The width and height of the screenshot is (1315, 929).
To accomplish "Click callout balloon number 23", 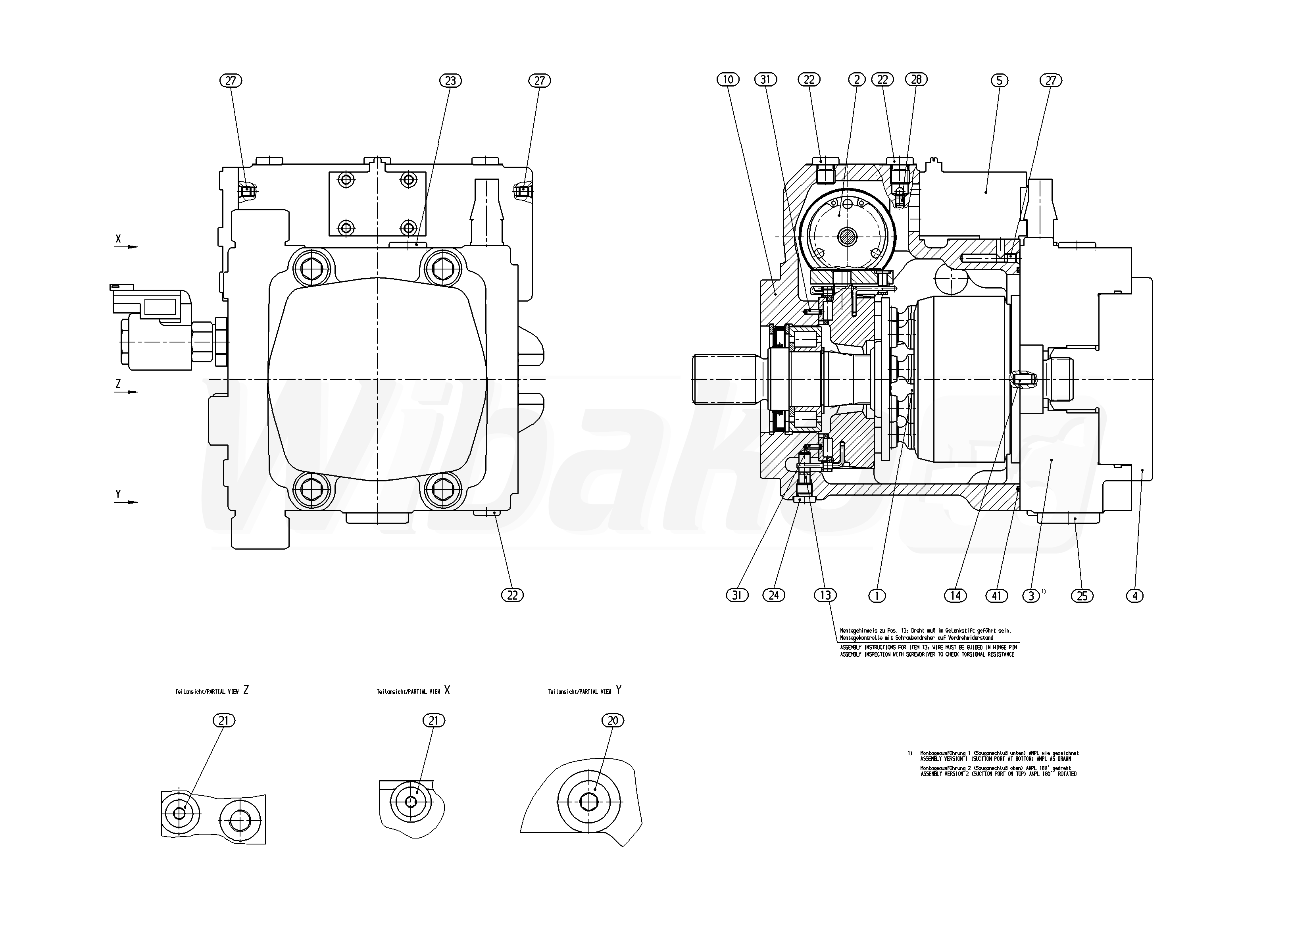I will click(x=450, y=81).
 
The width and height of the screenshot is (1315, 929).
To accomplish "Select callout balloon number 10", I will click(x=728, y=80).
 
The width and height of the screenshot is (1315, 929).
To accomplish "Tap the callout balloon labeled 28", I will click(x=916, y=80).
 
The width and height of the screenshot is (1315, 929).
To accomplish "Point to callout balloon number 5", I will click(x=999, y=81).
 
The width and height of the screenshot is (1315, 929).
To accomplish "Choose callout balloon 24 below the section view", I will click(x=773, y=596).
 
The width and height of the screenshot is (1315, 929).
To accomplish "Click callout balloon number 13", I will click(x=825, y=596).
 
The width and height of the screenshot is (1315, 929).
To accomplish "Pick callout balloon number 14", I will click(x=955, y=596).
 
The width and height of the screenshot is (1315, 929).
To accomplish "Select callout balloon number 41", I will click(x=996, y=596).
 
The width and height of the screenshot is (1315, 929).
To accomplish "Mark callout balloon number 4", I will click(x=1134, y=596).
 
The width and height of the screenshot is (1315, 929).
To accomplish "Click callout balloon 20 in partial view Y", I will click(x=613, y=721).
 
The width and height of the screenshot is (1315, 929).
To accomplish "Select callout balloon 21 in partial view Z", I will click(x=224, y=721).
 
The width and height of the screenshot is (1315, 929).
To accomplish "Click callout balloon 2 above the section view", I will click(x=857, y=80).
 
